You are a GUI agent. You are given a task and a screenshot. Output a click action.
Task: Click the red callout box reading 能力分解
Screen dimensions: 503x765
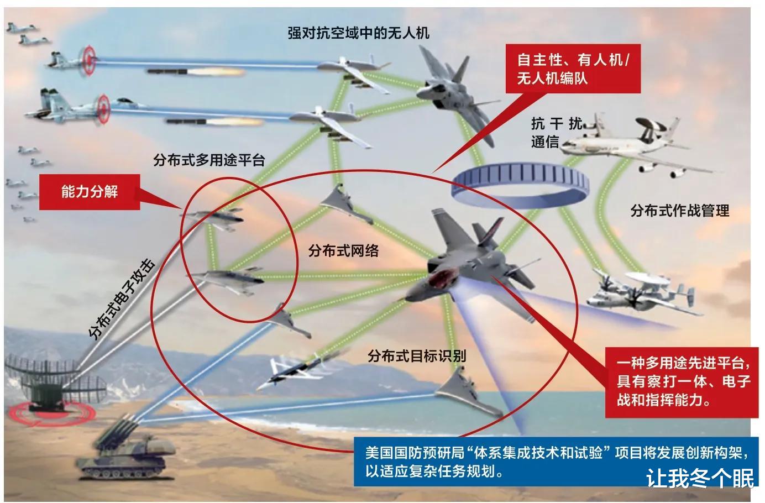(x=89, y=192)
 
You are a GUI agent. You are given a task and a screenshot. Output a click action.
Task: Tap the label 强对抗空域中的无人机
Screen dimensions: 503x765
(x=358, y=33)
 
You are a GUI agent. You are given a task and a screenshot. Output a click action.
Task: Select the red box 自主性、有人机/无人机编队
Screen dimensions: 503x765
(x=574, y=69)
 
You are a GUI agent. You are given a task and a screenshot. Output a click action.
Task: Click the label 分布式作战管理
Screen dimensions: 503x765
(x=679, y=211)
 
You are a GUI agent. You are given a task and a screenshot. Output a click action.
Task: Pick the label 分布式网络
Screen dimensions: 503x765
(x=343, y=250)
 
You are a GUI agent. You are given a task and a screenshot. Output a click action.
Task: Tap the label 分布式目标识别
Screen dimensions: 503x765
(x=416, y=355)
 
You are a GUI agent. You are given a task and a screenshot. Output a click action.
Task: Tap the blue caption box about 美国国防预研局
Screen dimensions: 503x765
(x=553, y=462)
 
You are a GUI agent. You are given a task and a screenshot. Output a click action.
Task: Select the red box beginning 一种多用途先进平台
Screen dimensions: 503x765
(x=683, y=381)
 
